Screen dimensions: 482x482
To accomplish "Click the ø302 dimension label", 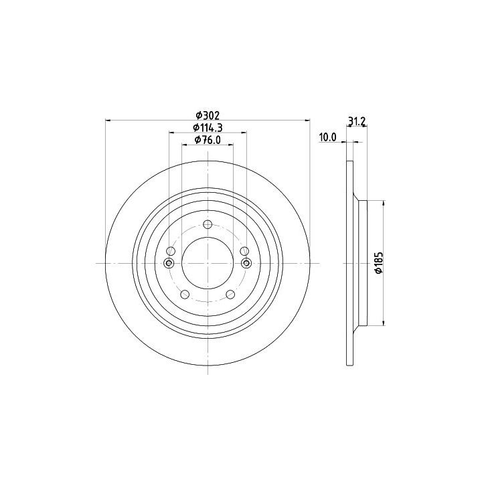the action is pos(208,116).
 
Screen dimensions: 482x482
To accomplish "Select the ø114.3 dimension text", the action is pos(208,127).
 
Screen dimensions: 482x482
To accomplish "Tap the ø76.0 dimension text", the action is pos(208,140).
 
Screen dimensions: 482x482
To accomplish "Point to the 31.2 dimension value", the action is pos(357,121).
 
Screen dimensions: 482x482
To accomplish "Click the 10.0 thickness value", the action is pos(328,137).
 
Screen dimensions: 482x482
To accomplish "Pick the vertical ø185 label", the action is pos(379,262).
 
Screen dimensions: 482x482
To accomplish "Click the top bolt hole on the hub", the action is pos(208,225).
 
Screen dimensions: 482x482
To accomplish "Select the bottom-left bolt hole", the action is pos(185,295).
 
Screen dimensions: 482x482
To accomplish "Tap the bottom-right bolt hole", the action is pos(230,295).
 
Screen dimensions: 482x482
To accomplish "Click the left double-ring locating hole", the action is pos(169,263).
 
